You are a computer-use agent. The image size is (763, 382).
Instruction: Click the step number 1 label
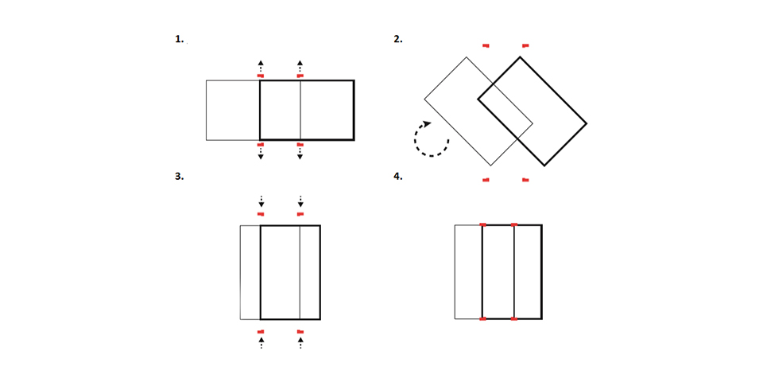tap(180, 40)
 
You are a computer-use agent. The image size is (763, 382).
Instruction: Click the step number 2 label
tap(398, 40)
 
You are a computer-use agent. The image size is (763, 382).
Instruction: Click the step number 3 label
tap(180, 177)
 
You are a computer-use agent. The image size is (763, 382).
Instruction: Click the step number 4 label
tap(398, 177)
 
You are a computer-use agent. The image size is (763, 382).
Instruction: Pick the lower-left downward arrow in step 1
tap(261, 154)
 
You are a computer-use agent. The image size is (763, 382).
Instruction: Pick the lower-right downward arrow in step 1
tap(300, 154)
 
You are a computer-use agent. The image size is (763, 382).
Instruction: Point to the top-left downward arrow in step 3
tap(261, 201)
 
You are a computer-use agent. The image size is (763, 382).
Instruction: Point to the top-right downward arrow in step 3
tap(300, 201)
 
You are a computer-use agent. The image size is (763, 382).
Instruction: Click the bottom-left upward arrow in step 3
tap(261, 342)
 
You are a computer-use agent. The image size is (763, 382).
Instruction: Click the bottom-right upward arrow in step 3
tap(300, 342)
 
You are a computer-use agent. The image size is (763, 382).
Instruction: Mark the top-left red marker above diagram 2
tap(486, 46)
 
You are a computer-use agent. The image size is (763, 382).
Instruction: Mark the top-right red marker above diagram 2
tap(525, 46)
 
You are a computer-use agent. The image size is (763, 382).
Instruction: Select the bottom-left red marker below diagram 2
tap(486, 181)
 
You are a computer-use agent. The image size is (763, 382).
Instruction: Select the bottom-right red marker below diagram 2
tap(525, 181)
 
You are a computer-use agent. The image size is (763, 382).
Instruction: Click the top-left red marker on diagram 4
tap(482, 224)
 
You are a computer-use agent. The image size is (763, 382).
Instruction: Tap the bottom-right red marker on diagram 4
tap(514, 319)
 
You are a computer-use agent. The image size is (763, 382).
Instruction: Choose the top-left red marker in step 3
tap(261, 214)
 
